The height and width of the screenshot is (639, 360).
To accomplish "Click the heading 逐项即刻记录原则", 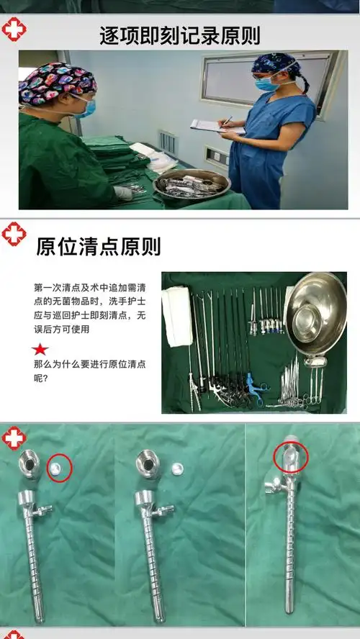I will [x=180, y=35].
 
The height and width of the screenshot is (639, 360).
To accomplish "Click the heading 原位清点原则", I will [x=99, y=246].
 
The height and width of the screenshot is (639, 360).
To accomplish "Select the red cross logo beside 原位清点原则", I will [x=14, y=234].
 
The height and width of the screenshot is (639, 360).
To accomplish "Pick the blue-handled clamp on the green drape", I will [x=253, y=389].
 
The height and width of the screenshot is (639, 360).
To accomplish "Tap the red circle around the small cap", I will [x=59, y=468].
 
